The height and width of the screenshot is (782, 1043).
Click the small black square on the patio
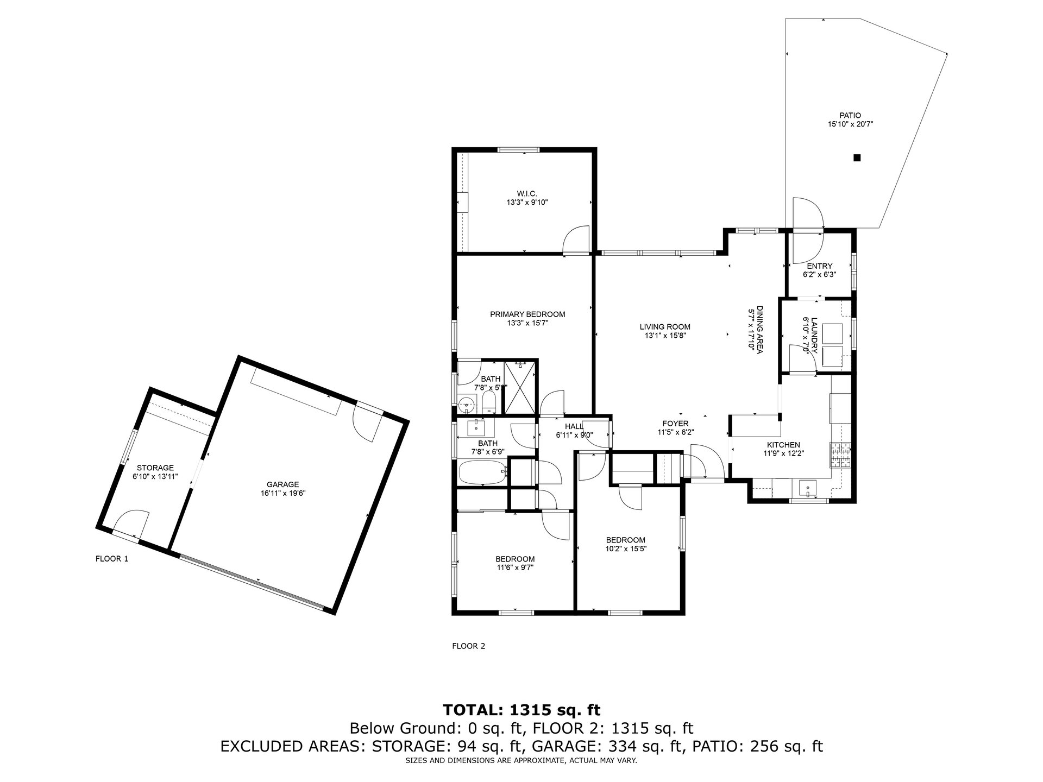tap(857, 158)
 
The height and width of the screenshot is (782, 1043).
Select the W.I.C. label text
tap(527, 193)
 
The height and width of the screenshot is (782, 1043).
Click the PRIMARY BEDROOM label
tap(527, 314)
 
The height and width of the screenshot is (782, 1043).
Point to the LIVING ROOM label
tap(665, 327)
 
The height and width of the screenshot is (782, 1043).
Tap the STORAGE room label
tap(155, 468)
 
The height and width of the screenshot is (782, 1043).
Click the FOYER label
tap(675, 424)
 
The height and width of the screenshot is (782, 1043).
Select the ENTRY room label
tap(820, 266)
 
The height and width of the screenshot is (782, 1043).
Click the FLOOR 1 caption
tap(112, 558)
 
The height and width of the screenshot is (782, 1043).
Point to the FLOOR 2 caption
tap(469, 646)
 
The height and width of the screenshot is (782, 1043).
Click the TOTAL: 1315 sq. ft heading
tap(522, 710)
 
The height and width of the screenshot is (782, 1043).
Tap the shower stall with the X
tap(520, 388)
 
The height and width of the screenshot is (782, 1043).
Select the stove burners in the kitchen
tap(840, 456)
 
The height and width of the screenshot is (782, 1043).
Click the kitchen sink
tap(808, 488)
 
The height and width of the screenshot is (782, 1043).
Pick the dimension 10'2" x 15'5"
tap(626, 548)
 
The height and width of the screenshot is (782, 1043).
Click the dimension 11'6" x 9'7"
tap(514, 567)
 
